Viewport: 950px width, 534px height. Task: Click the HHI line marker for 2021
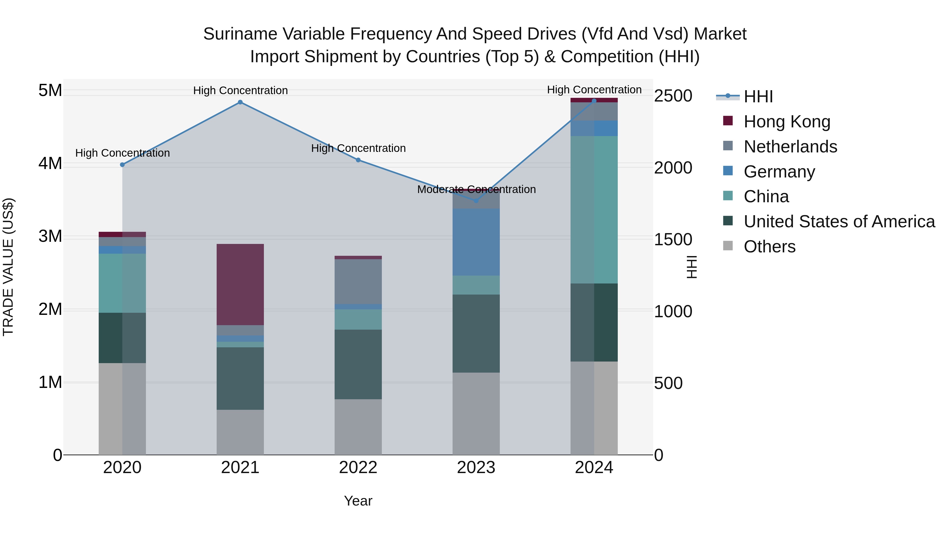(x=240, y=102)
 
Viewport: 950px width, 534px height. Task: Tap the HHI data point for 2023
(x=476, y=200)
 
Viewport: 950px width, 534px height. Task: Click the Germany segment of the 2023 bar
(x=476, y=242)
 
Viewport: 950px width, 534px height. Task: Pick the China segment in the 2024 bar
(x=594, y=209)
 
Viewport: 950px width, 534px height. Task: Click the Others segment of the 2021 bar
(x=240, y=432)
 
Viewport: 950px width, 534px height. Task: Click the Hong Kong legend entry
(x=787, y=122)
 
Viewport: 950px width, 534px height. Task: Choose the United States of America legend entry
(x=839, y=222)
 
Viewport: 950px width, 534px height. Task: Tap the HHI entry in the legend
(x=758, y=97)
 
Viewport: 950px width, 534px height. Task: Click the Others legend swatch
(x=728, y=246)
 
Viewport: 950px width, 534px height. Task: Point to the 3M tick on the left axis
(x=50, y=236)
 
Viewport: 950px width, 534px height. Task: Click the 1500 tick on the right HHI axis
(x=673, y=239)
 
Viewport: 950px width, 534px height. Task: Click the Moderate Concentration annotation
(x=476, y=189)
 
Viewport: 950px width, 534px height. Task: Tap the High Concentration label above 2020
(x=122, y=153)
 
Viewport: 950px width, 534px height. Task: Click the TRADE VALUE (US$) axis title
(x=8, y=267)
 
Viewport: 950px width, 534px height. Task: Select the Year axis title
(x=358, y=501)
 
